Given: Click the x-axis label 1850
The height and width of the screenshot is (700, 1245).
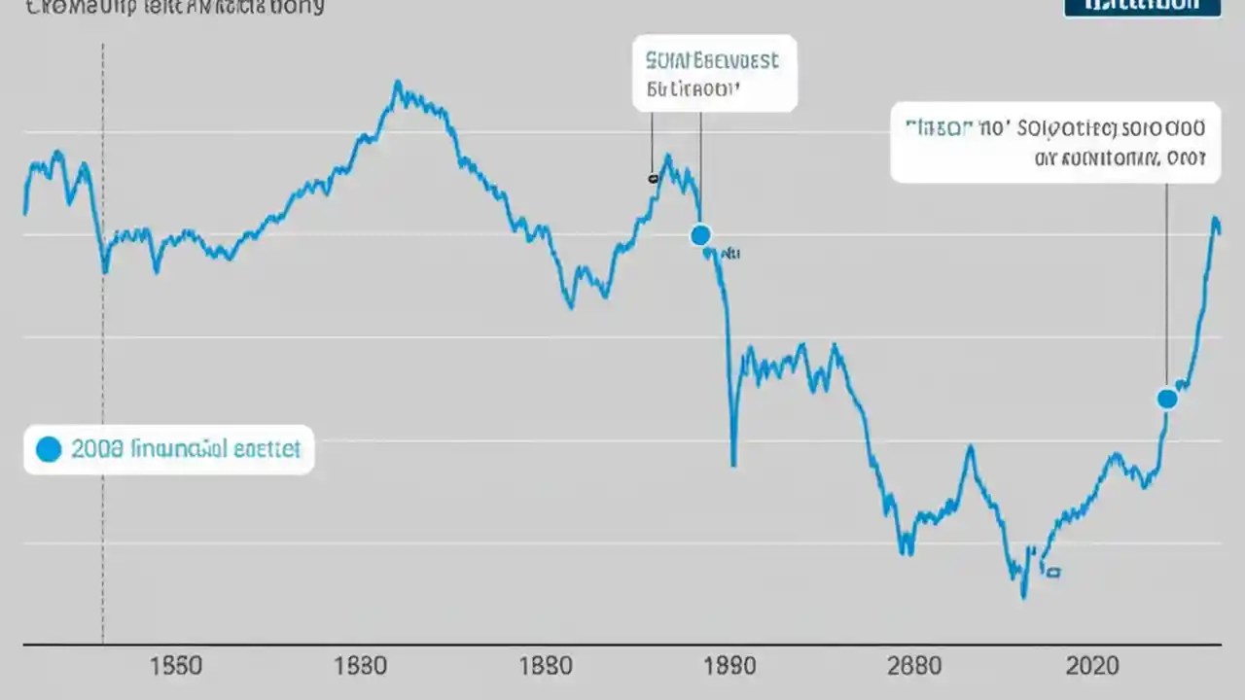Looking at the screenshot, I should click(x=176, y=666).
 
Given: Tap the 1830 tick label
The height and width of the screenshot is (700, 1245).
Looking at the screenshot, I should click(x=361, y=666).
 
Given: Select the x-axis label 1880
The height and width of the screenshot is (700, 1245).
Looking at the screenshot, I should click(x=546, y=666).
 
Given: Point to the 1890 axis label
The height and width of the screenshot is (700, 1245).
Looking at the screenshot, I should click(x=729, y=666).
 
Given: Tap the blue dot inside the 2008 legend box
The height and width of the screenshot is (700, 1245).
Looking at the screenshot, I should click(x=48, y=449).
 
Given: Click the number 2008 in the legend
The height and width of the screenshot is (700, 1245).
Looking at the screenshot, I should click(x=97, y=449).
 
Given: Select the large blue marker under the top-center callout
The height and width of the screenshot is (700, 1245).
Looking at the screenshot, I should click(x=699, y=235).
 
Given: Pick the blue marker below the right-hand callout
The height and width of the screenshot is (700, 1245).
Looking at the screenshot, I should click(x=1167, y=399).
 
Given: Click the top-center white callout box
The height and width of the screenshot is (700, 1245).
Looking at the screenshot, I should click(x=714, y=74).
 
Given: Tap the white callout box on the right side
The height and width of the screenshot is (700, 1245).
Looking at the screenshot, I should click(x=1055, y=142).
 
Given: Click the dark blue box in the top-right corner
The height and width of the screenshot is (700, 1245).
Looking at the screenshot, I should click(x=1141, y=7).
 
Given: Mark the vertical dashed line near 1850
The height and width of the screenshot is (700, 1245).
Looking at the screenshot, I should click(x=103, y=389).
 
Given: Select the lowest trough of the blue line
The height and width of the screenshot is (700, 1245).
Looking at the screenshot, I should click(x=1023, y=595).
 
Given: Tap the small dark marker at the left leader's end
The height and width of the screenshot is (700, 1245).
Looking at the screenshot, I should click(x=654, y=179).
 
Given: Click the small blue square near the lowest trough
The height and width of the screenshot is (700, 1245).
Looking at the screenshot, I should click(x=1052, y=573).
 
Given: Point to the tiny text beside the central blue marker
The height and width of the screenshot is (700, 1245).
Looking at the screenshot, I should click(x=731, y=254).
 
